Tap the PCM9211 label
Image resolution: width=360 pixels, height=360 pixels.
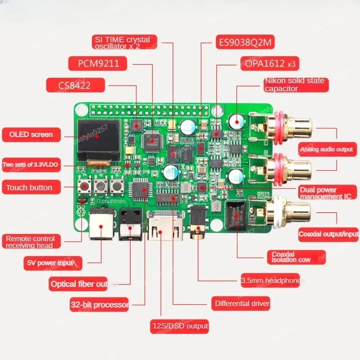98,63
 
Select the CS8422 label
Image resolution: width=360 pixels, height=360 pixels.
75,85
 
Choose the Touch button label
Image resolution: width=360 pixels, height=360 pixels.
29,187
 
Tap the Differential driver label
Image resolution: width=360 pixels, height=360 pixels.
242,303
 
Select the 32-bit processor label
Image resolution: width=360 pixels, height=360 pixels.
99,305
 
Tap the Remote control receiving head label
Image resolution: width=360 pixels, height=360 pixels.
30,242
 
